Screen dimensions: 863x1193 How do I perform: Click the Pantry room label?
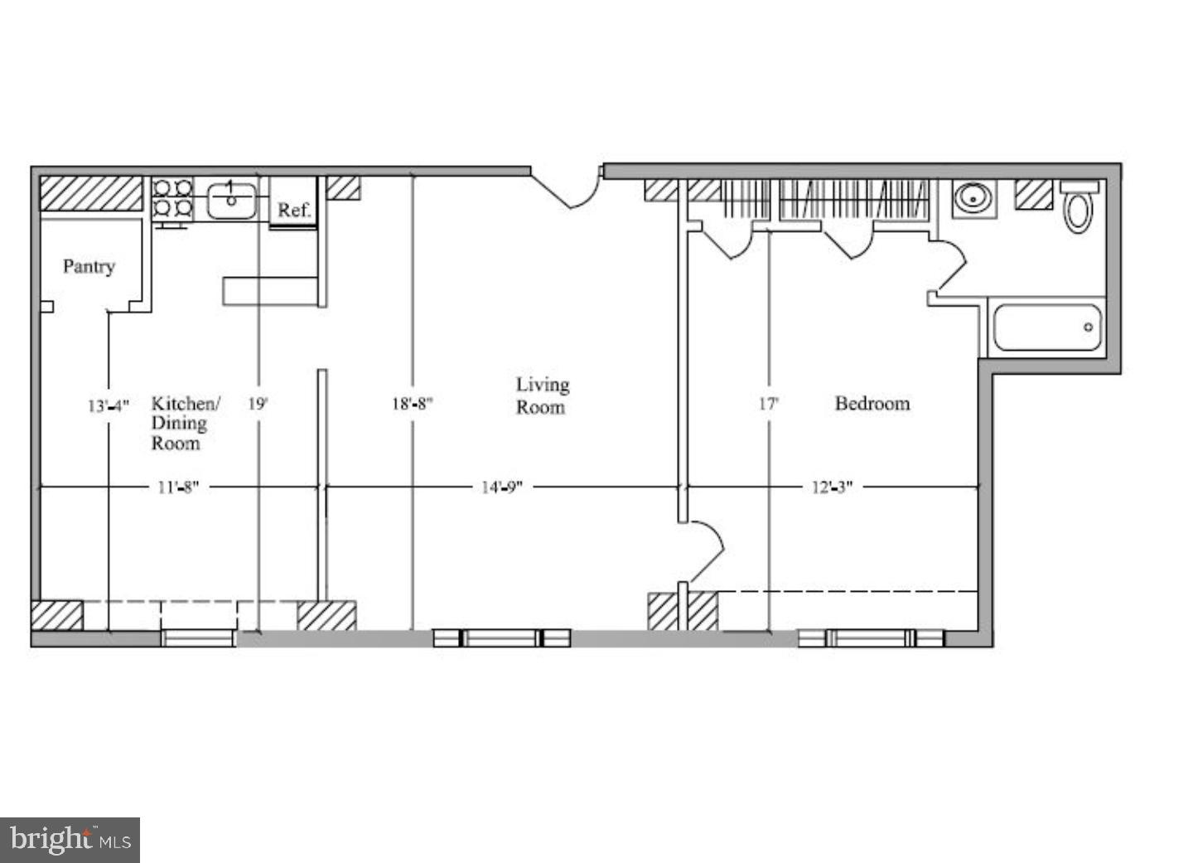point(89,266)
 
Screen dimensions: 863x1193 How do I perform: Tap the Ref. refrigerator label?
point(293,210)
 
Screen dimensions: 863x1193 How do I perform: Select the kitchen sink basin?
point(231,200)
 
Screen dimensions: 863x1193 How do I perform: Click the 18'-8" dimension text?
point(413,404)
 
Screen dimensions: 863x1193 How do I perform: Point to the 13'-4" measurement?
point(109,405)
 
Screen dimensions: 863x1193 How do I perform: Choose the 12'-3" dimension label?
point(832,487)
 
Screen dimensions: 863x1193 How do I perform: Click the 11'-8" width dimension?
point(179,487)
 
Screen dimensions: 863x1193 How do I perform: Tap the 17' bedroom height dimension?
point(769,404)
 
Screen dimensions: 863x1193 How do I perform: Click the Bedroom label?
point(872,404)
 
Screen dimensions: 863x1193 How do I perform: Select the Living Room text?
point(543,395)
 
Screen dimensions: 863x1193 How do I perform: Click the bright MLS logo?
point(70,840)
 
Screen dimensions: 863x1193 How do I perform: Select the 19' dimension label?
point(258,404)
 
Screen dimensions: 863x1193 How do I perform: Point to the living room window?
point(502,638)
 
